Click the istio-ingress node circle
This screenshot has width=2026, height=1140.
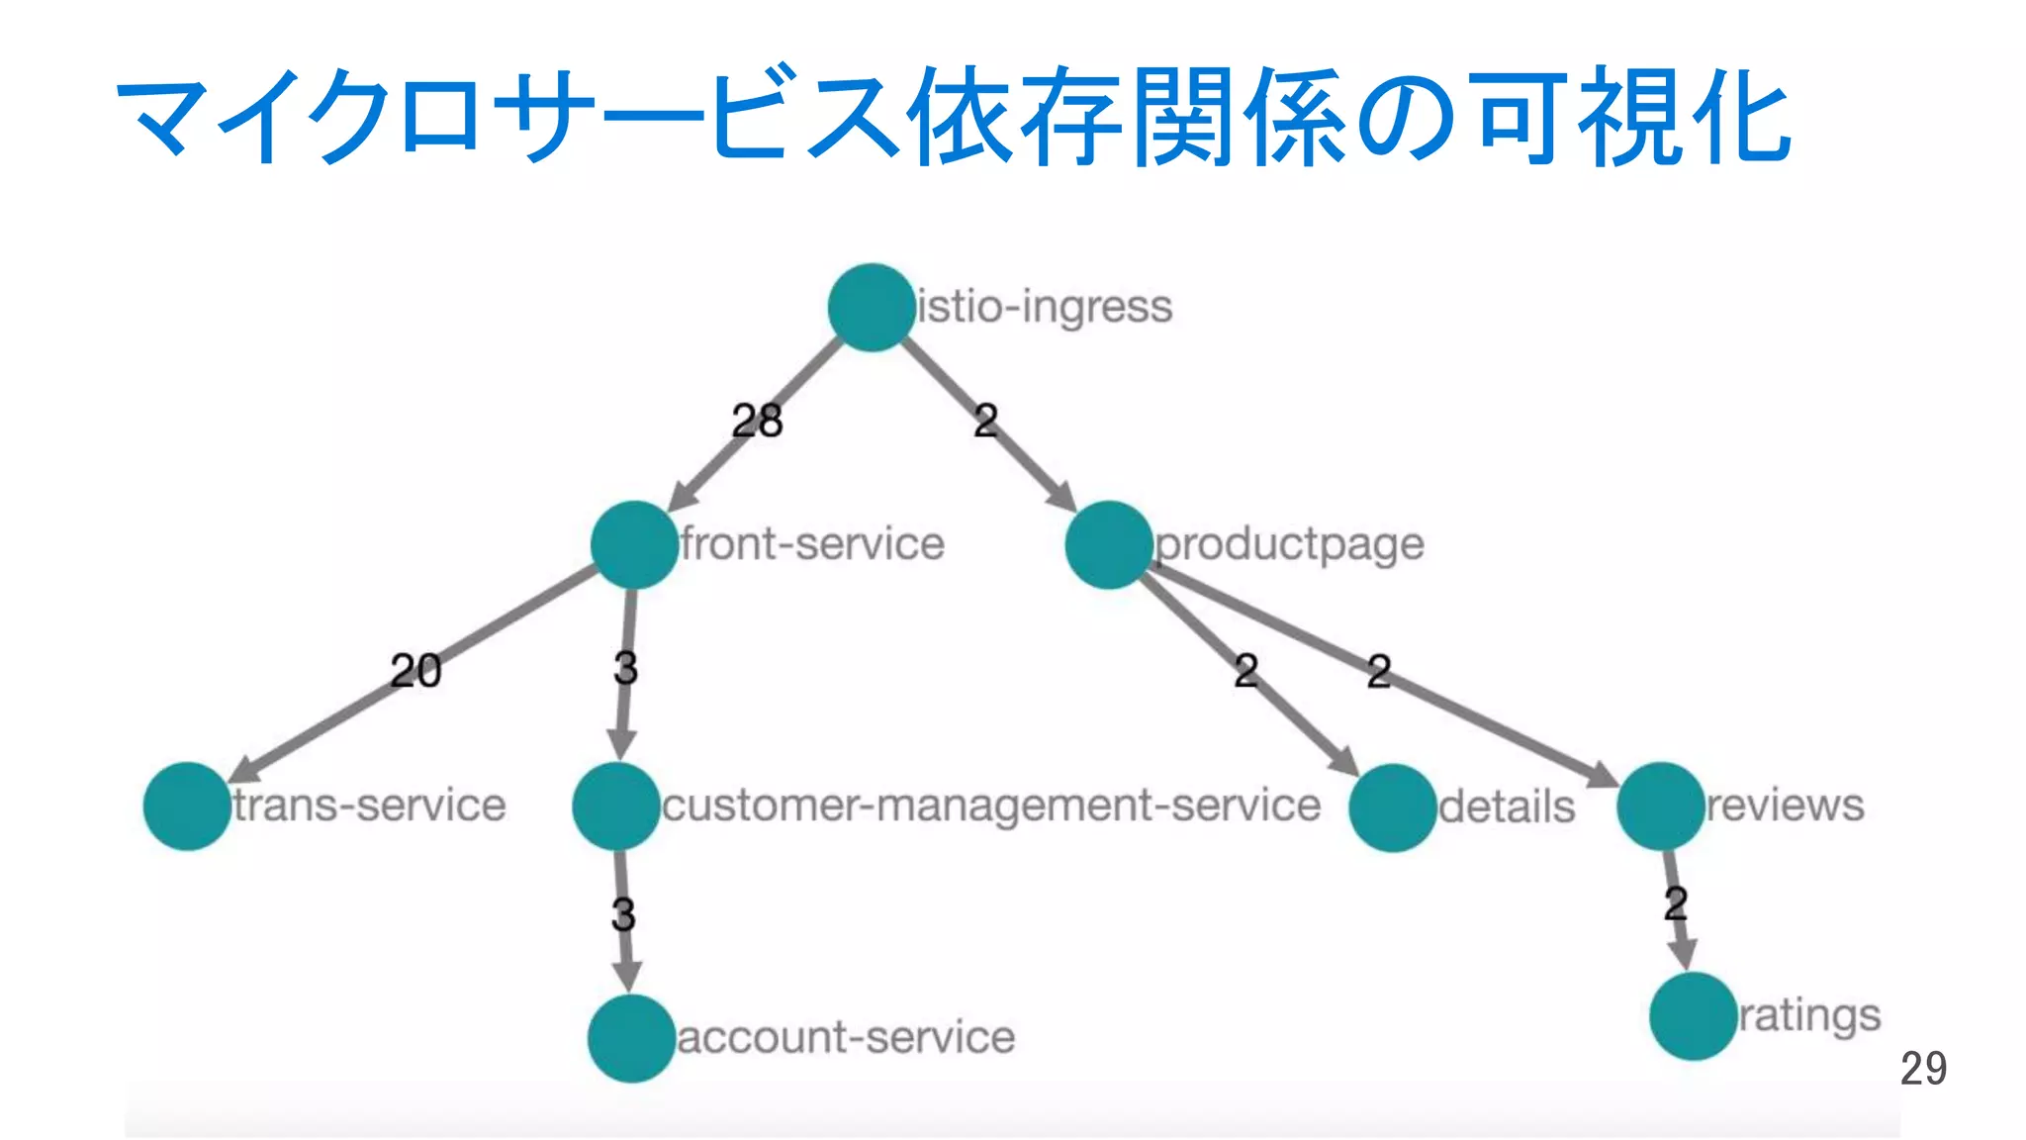pos(871,307)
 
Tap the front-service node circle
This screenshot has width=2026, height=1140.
pos(634,544)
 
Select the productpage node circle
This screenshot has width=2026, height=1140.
pos(1109,544)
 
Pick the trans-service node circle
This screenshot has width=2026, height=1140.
pos(187,806)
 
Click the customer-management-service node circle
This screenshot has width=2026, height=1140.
pos(615,806)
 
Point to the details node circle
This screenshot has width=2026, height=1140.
pos(1392,807)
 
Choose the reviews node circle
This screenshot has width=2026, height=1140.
pos(1660,806)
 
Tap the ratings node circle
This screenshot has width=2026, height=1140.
pos(1693,1016)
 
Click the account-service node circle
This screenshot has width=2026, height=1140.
pos(631,1038)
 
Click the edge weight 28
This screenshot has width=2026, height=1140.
pos(757,422)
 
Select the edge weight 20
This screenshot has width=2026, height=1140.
pos(415,671)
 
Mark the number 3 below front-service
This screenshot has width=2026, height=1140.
pos(625,668)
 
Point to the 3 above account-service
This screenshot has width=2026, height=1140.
pos(623,914)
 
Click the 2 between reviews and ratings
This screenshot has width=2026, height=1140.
pos(1675,903)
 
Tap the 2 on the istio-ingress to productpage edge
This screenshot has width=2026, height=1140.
pos(985,422)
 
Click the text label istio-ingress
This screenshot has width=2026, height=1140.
pos(1045,307)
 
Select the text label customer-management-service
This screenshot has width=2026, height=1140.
pos(990,806)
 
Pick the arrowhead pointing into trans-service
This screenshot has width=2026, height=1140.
pos(243,773)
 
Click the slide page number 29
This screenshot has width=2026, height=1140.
pos(1923,1069)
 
